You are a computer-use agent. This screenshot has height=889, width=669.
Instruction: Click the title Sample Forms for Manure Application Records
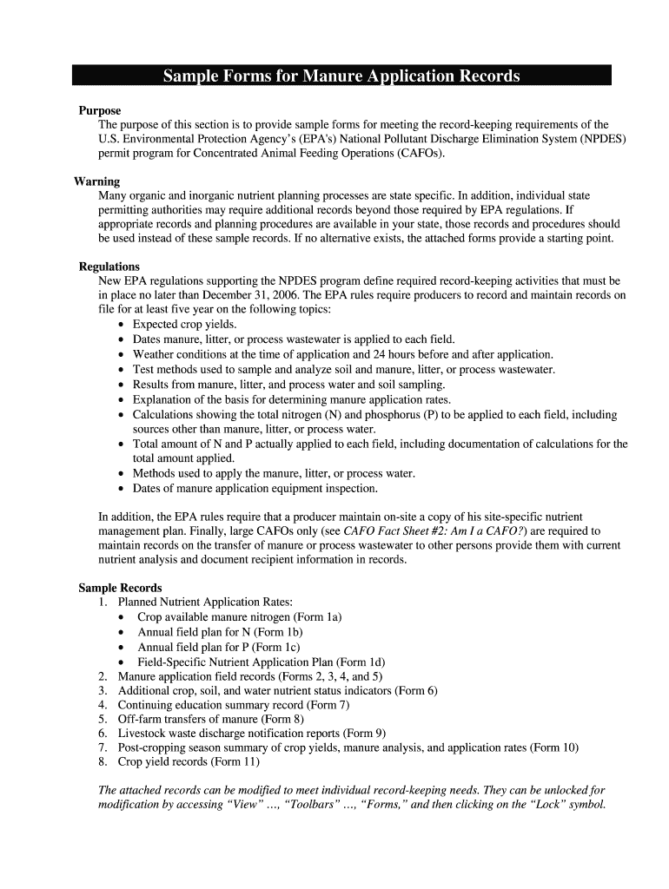click(x=341, y=76)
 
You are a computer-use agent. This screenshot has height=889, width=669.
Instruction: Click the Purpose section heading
click(x=100, y=111)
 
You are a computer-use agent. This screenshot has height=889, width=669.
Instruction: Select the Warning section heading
click(x=96, y=181)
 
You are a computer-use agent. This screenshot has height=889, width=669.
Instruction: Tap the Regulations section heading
click(x=109, y=267)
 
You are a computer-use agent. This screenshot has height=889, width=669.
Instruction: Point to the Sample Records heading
click(x=120, y=588)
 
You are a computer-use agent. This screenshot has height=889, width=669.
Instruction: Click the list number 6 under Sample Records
click(x=103, y=734)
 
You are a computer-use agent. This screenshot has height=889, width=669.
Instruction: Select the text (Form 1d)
click(x=361, y=662)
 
